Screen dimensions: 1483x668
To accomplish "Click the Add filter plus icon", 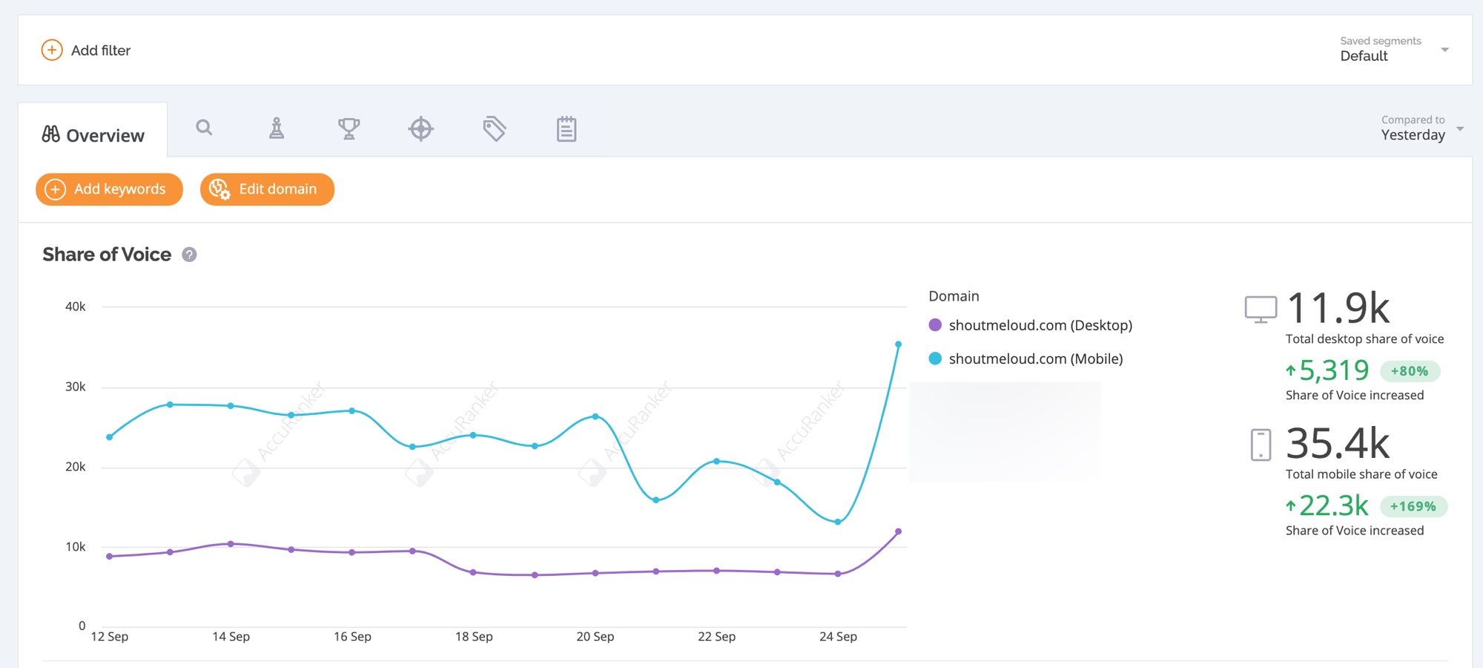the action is [52, 50].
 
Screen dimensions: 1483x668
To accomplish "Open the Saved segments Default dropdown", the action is [1394, 50].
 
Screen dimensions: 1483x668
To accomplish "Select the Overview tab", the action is [93, 135].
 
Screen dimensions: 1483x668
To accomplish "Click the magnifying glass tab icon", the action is [204, 128].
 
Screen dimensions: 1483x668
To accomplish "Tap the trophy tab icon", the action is [349, 128].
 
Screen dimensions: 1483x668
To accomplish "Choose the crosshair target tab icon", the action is [421, 128].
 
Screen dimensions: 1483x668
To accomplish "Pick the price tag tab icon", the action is [494, 128].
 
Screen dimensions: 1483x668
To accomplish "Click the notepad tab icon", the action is [567, 128].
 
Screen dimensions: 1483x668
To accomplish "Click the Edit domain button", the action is [267, 189].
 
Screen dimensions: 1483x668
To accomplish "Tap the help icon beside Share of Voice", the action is [190, 255].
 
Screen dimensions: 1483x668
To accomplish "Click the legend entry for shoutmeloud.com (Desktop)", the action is [1031, 325].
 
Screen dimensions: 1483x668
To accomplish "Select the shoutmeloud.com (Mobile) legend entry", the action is [1026, 358].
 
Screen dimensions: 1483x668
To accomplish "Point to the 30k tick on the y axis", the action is [76, 387].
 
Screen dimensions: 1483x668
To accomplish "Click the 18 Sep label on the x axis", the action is [474, 637].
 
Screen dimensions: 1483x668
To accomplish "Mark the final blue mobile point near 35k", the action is [898, 344].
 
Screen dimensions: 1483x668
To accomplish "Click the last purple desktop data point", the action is [898, 531].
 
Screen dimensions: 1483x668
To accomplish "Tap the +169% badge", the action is [1413, 506].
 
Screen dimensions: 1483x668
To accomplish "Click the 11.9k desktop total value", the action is [1338, 308].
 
